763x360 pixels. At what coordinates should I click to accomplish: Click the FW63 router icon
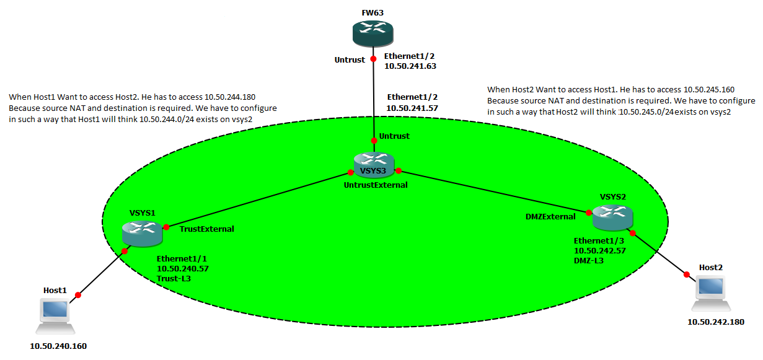373,33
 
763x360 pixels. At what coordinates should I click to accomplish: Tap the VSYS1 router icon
142,232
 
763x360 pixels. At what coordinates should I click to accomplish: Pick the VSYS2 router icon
612,216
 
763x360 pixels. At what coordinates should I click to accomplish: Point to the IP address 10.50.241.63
410,66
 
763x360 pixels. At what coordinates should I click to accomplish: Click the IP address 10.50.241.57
412,108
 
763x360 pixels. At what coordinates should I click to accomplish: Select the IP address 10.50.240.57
183,270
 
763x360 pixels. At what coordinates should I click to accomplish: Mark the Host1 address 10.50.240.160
58,346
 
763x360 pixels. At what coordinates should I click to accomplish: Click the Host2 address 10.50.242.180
715,322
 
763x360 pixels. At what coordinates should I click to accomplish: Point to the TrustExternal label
207,229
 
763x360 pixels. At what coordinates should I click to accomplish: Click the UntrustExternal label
376,185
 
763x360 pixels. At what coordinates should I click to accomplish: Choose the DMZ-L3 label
589,261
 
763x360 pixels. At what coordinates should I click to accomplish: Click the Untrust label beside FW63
349,59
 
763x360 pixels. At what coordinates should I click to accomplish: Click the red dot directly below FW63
373,59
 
